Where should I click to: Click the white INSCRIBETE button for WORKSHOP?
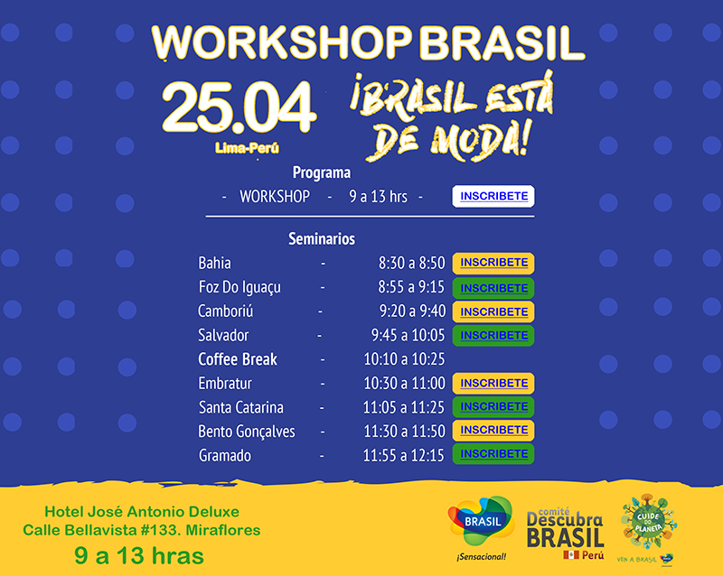pyautogui.click(x=493, y=196)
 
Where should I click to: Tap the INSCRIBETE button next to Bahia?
pyautogui.click(x=493, y=263)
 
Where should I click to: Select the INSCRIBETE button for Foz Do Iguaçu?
pyautogui.click(x=493, y=288)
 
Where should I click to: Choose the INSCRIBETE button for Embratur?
pyautogui.click(x=493, y=384)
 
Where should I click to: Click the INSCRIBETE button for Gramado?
pyautogui.click(x=493, y=454)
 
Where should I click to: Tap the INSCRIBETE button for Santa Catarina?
pyautogui.click(x=493, y=407)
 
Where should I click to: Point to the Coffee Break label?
pyautogui.click(x=238, y=359)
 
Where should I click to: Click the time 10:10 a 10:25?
pyautogui.click(x=404, y=359)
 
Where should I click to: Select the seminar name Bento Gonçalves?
pyautogui.click(x=246, y=432)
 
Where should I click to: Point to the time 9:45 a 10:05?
pyautogui.click(x=408, y=335)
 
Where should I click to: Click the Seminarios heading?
pyautogui.click(x=322, y=238)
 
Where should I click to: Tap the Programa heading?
pyautogui.click(x=322, y=172)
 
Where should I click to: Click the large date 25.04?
pyautogui.click(x=239, y=107)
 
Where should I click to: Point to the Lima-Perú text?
pyautogui.click(x=247, y=148)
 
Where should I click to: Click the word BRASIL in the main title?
pyautogui.click(x=502, y=42)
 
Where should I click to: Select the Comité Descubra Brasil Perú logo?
pyautogui.click(x=566, y=534)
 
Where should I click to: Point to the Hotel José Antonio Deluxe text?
pyautogui.click(x=142, y=512)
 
